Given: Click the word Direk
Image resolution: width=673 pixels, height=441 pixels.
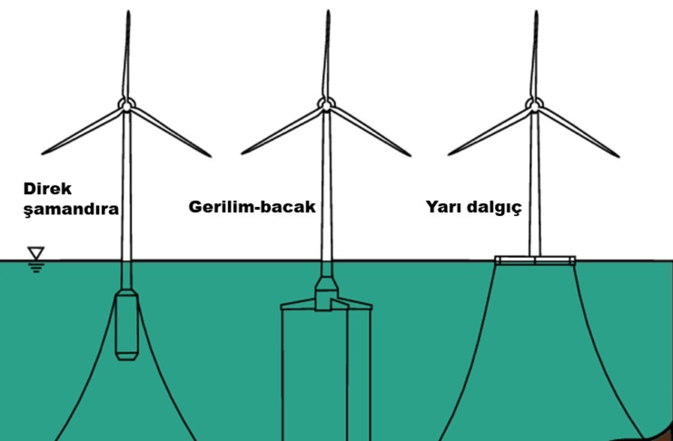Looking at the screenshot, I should pyautogui.click(x=46, y=191).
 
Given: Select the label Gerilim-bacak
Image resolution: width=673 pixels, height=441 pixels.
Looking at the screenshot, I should pyautogui.click(x=252, y=207).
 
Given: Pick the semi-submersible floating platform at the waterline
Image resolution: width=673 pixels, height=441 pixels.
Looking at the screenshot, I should pyautogui.click(x=535, y=260).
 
